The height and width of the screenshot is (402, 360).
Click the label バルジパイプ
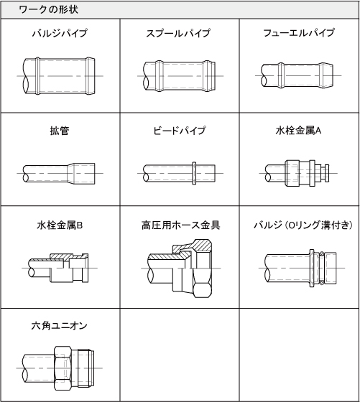(60, 34)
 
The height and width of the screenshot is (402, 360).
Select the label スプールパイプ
(178, 34)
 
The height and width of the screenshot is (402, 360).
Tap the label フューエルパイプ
(298, 34)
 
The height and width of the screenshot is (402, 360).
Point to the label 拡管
(60, 131)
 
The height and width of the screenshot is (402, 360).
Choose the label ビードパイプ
(179, 131)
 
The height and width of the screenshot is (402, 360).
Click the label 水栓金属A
(298, 131)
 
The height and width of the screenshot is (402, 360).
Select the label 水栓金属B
(60, 225)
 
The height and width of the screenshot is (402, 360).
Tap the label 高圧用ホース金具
(180, 225)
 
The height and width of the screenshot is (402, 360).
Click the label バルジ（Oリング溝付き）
(298, 225)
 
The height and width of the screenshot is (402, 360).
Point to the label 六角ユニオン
(60, 325)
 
